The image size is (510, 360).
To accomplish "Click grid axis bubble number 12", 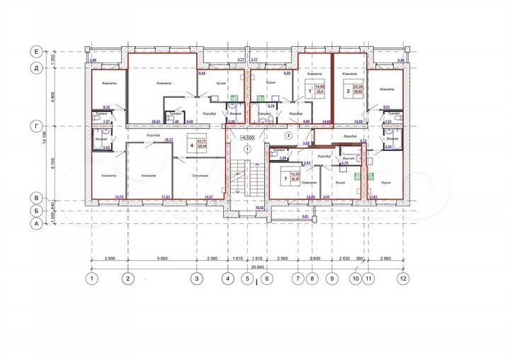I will (403, 278).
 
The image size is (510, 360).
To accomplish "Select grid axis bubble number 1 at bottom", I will (91, 278).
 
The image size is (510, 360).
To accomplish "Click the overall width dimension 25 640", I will (247, 266).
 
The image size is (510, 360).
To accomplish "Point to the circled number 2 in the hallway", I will (288, 134).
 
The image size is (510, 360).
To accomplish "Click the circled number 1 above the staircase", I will (246, 150).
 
